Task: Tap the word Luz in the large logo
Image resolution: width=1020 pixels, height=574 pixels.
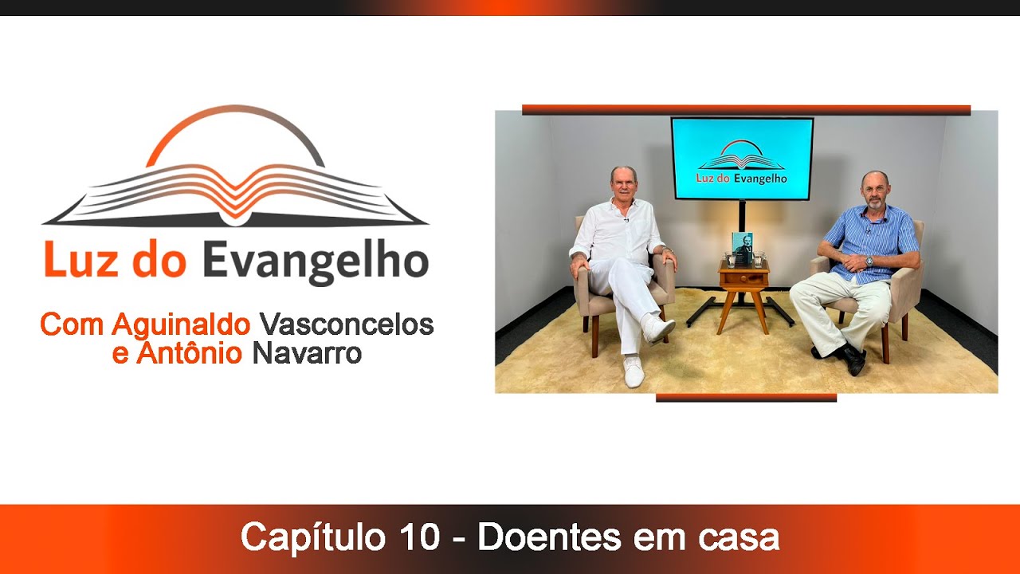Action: (81, 261)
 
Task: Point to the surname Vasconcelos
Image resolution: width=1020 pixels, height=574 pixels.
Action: (347, 324)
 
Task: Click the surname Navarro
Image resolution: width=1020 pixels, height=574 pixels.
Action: (307, 353)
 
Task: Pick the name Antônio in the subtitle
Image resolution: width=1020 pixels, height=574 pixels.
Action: (188, 353)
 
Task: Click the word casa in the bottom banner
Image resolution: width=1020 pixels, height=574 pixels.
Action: (739, 537)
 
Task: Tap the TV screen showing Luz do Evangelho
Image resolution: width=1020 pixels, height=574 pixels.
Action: (742, 158)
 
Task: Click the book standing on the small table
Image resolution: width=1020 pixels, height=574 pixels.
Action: (742, 248)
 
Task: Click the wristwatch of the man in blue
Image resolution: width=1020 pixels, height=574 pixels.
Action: (869, 261)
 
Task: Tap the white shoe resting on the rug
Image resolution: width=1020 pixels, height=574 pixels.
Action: (633, 372)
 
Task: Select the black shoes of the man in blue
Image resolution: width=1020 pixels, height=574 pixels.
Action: (849, 358)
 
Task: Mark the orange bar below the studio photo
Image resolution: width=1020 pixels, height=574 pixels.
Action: (746, 397)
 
